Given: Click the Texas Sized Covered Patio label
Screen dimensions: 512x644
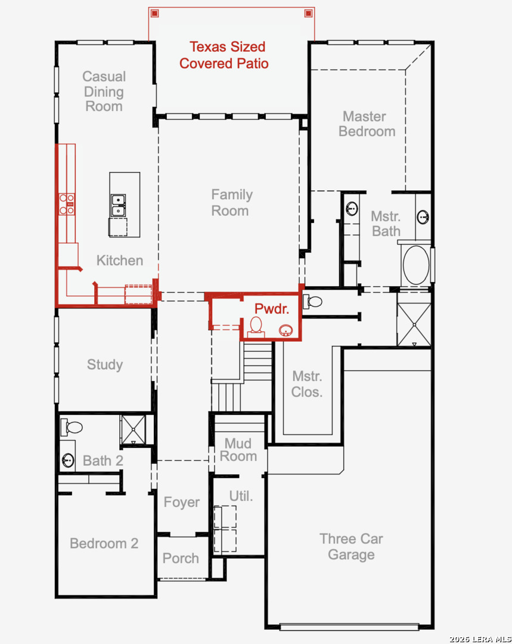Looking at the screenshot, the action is [x=224, y=55].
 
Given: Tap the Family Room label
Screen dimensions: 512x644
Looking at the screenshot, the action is [x=232, y=203].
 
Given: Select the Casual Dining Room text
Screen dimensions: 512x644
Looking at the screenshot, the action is [x=104, y=91].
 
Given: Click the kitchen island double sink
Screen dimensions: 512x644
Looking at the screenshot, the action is [x=118, y=205].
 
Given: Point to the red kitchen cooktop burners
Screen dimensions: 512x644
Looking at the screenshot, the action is [x=67, y=204].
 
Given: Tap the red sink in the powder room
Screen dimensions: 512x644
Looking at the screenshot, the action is [x=286, y=330].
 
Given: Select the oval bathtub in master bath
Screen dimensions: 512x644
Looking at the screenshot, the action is [x=416, y=265].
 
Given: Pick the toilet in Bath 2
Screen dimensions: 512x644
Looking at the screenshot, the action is [x=72, y=427].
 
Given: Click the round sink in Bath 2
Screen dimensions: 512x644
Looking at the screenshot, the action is [x=68, y=460].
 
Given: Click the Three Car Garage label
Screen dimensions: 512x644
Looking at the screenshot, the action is [x=351, y=547].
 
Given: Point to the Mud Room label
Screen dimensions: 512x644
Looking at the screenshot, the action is [x=238, y=450].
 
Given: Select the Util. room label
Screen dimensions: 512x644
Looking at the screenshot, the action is [x=241, y=496].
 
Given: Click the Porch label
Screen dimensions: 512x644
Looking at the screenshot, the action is [x=181, y=559].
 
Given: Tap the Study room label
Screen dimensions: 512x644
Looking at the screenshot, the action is [x=105, y=365].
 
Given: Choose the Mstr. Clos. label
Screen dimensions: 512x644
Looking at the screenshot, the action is [x=307, y=384].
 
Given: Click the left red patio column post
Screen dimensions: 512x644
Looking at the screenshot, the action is [x=154, y=14].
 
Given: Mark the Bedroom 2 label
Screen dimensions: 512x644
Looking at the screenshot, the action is [x=104, y=543].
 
